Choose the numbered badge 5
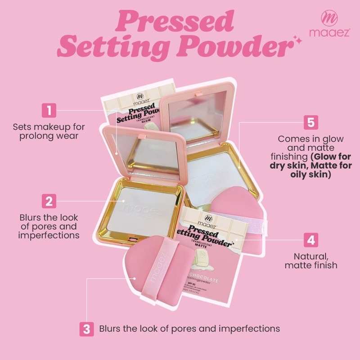(x=310, y=122)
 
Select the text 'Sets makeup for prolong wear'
(x=49, y=131)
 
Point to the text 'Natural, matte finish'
(x=310, y=261)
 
